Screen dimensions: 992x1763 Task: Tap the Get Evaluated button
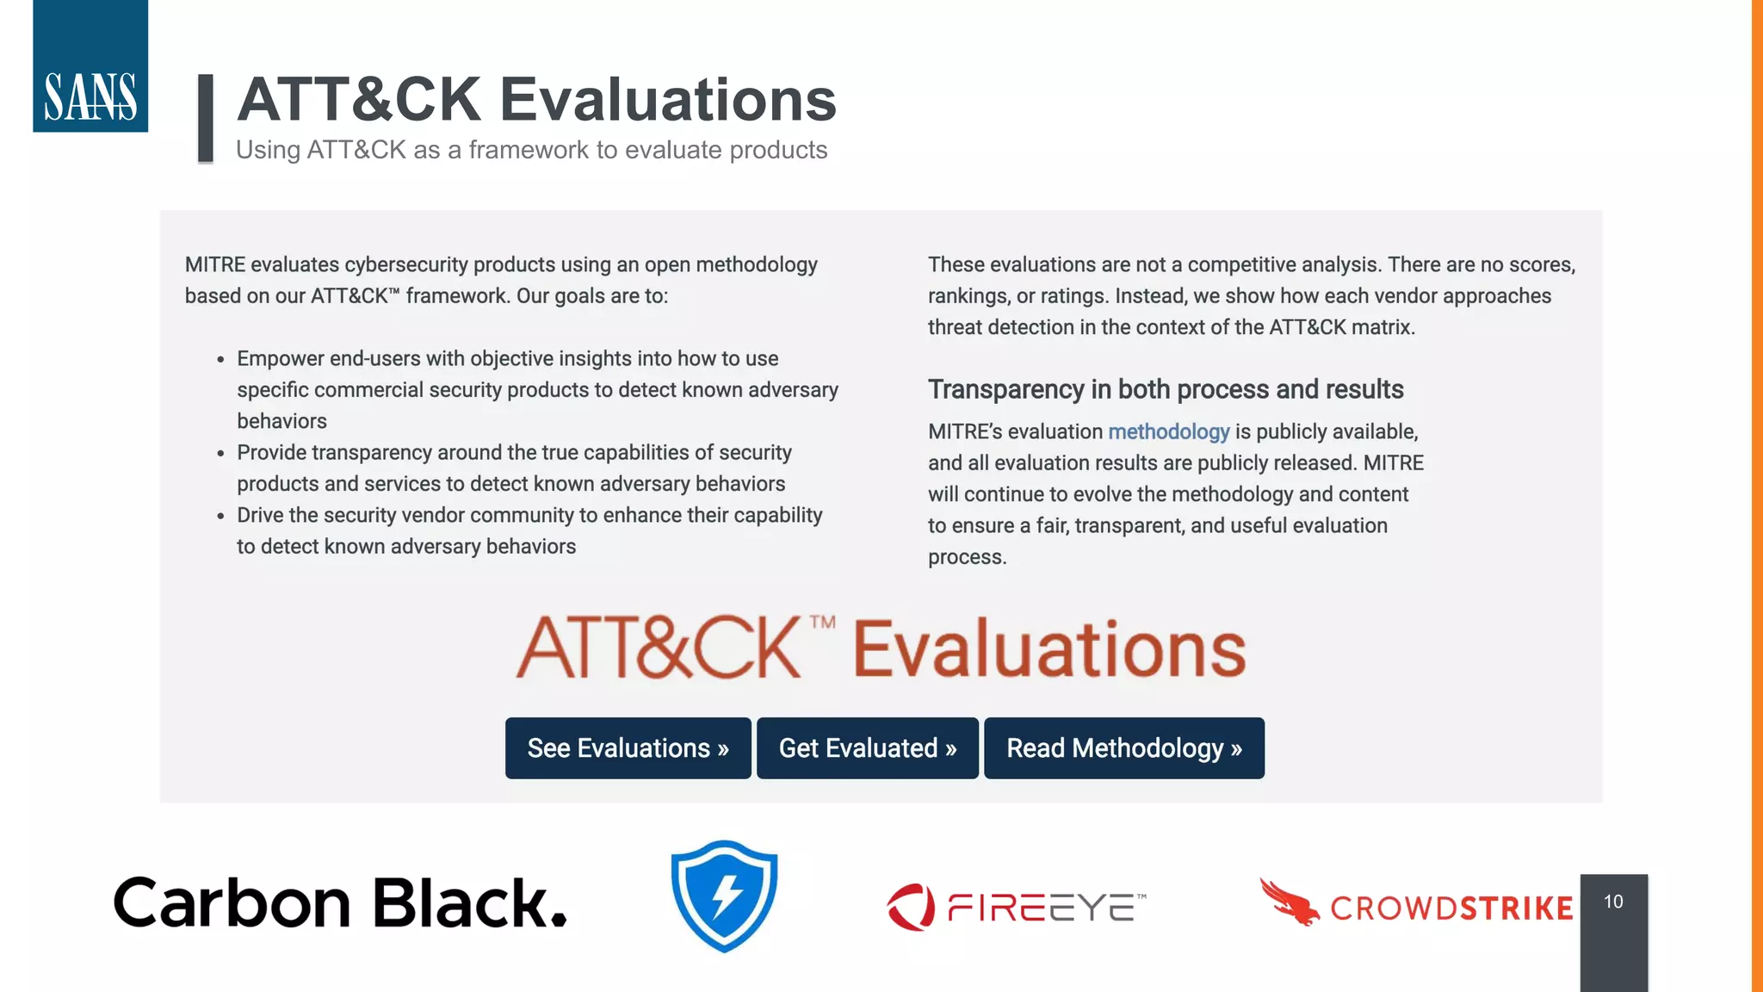coord(868,748)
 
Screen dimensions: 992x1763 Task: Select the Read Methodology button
coord(1124,748)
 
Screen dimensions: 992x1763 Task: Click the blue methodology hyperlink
coord(1168,431)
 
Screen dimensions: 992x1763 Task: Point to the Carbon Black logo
coord(340,902)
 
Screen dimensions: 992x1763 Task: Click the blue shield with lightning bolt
coord(724,896)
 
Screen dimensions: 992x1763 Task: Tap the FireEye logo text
coord(1046,908)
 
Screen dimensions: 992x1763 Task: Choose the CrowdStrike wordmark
coord(1451,908)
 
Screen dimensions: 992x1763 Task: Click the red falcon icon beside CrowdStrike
coord(1289,902)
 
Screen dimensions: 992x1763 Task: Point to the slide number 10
coord(1613,902)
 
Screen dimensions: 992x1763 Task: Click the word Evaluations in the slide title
coord(668,99)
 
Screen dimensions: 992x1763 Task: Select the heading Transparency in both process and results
coord(1166,389)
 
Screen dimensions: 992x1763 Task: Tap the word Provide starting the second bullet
coord(271,452)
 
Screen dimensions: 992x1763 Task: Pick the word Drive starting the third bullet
coord(261,515)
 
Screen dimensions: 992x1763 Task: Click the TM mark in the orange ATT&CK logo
coord(822,622)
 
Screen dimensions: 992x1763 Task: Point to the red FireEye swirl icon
coord(911,907)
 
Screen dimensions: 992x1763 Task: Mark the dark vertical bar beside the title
coord(206,118)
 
